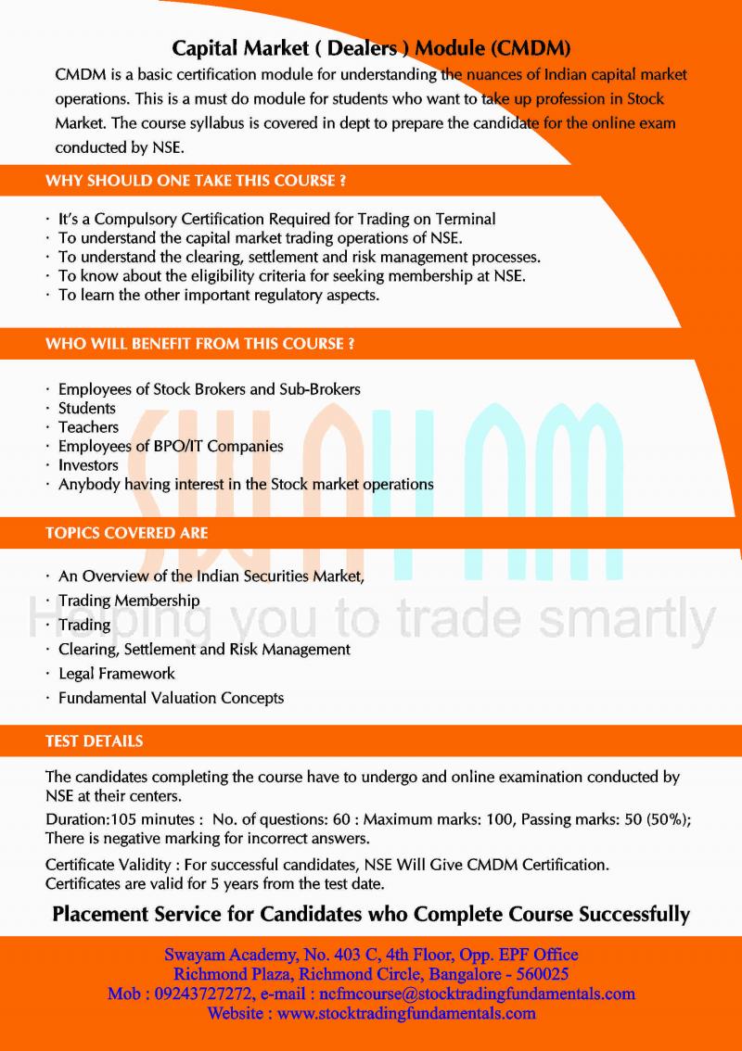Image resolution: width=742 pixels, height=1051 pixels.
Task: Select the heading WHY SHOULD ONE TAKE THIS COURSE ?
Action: [196, 182]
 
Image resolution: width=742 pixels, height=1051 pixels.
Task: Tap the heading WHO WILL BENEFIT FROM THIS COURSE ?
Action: [200, 344]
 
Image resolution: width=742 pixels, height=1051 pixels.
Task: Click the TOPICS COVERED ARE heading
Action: [127, 533]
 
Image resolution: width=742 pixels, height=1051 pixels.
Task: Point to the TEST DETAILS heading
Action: [95, 741]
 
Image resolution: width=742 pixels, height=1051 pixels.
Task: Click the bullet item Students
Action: [87, 408]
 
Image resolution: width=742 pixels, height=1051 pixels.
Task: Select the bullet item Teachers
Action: [89, 427]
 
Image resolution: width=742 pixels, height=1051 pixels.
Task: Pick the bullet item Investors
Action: [89, 465]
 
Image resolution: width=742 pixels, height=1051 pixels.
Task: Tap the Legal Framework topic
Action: [117, 674]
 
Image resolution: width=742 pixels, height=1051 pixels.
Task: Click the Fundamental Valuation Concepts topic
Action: [171, 698]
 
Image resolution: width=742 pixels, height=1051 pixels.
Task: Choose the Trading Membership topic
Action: [129, 601]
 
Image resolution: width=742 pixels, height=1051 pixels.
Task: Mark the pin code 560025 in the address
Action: [539, 974]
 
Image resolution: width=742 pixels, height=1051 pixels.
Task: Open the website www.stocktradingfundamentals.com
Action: [406, 1013]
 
